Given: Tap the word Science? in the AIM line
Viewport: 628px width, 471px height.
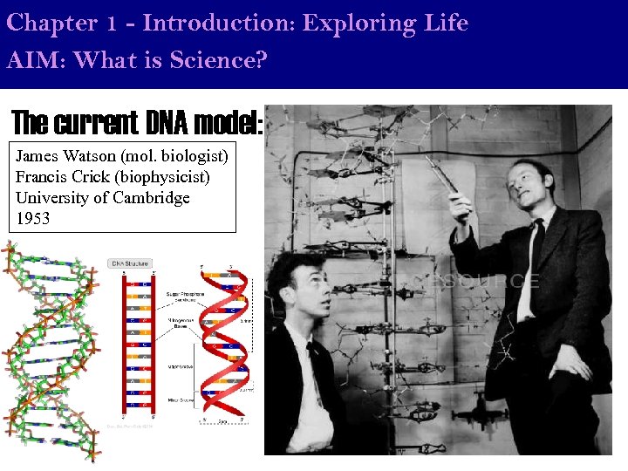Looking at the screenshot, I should pos(224,62).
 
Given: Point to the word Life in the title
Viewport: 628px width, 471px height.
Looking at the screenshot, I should pos(446,24).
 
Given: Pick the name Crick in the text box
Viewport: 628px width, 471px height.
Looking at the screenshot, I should pos(87,178).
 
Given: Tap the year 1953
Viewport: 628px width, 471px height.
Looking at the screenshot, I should pos(33,219).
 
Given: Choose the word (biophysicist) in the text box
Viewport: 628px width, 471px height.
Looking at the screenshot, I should pos(166,178).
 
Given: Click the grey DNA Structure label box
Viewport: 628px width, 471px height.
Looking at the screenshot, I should pos(129,263).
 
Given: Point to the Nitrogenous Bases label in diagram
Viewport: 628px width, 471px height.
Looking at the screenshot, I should pos(180,324).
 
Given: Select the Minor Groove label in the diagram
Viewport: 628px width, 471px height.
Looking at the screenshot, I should pos(180,399).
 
